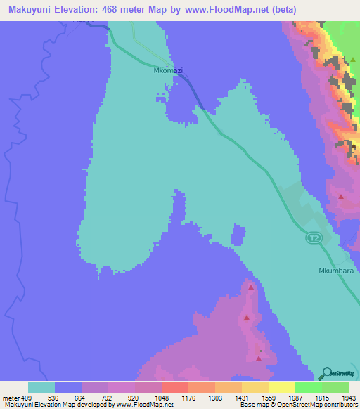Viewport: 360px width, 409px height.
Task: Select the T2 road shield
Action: point(314,238)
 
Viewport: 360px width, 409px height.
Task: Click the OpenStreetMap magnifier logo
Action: point(325,373)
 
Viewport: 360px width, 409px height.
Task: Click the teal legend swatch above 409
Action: point(41,387)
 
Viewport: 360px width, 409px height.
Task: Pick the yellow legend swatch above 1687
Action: point(281,387)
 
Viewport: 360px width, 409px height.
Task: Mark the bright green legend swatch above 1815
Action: point(308,387)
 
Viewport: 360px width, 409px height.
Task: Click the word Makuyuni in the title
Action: point(29,10)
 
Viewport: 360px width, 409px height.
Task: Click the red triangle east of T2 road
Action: point(341,197)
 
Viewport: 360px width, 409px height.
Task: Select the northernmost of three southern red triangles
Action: point(250,288)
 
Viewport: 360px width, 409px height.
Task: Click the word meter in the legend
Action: point(10,397)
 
